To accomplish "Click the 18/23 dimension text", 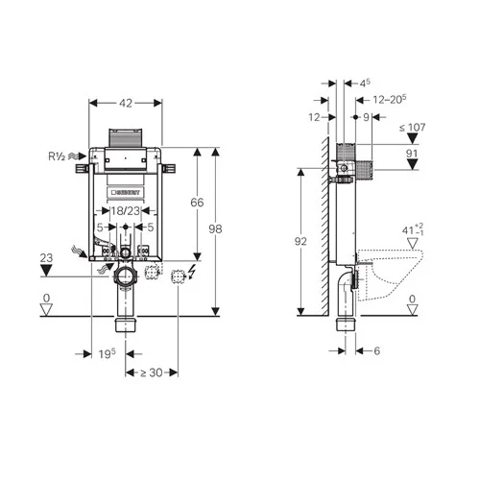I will pos(127,209).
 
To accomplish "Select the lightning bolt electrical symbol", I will pos(195,276).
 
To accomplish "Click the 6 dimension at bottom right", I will pos(378,351).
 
